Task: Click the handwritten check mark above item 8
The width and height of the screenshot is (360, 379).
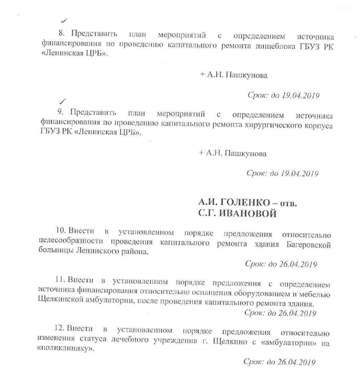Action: click(63, 21)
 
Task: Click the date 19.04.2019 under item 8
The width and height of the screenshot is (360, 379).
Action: click(291, 95)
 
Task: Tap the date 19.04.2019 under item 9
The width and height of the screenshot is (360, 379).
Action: click(291, 173)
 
